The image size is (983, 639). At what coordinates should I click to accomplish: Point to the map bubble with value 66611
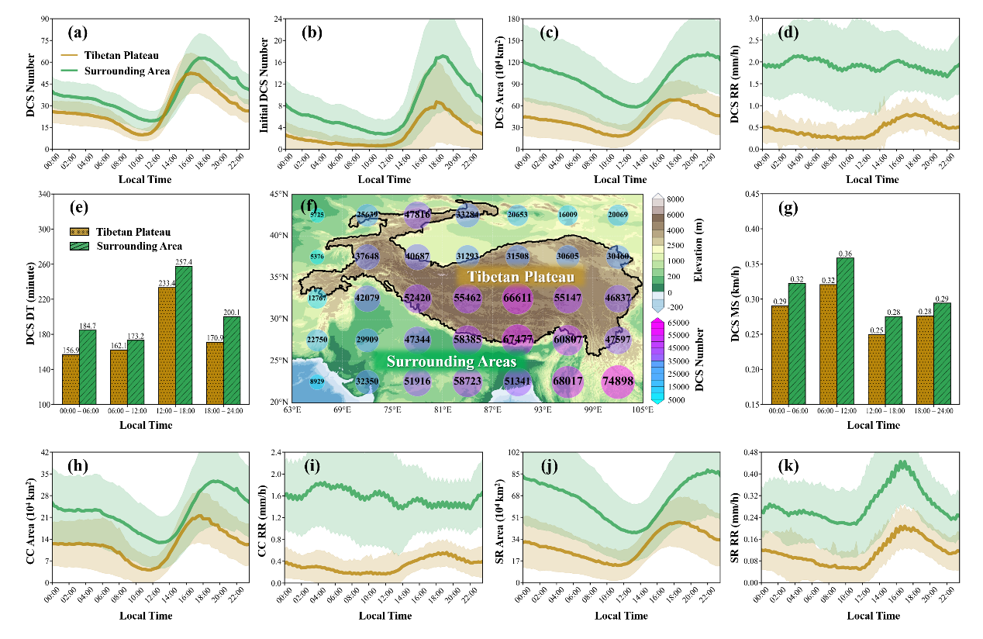click(517, 298)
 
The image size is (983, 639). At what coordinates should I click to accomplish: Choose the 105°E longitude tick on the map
click(644, 409)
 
